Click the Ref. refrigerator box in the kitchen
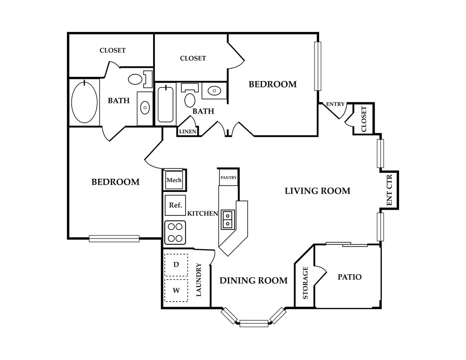click(175, 205)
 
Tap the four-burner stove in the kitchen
click(175, 232)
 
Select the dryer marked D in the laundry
click(176, 265)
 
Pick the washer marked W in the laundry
click(176, 290)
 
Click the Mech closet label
click(174, 180)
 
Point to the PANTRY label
click(229, 177)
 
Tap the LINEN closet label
click(188, 131)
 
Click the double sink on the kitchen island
click(228, 220)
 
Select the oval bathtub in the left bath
click(84, 102)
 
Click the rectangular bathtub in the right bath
click(166, 104)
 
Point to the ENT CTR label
click(390, 190)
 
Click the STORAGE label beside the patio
click(305, 283)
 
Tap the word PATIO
click(349, 277)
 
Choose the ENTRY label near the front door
click(335, 104)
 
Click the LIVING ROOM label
click(317, 191)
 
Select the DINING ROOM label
click(253, 280)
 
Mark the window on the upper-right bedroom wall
click(317, 66)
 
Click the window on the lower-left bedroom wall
click(114, 238)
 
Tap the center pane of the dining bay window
click(254, 323)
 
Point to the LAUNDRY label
click(199, 280)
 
